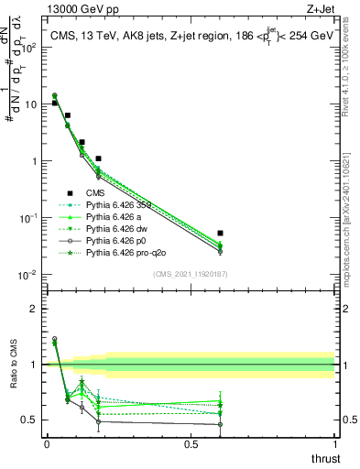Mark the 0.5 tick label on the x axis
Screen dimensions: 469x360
(191, 444)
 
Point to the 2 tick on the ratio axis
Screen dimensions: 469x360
(35, 309)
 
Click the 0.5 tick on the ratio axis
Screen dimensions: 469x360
(30, 420)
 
